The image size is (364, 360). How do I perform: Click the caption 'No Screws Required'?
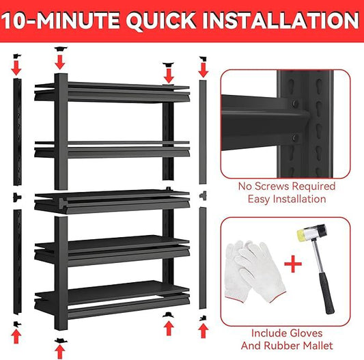286,186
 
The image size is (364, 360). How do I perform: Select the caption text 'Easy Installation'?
286,199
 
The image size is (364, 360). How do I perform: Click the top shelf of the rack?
112,90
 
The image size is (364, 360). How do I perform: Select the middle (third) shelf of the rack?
112,199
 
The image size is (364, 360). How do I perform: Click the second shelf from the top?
112,148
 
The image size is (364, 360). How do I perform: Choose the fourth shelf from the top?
112,247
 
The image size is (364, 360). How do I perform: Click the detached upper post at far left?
18,133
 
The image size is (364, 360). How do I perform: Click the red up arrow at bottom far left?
18,334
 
